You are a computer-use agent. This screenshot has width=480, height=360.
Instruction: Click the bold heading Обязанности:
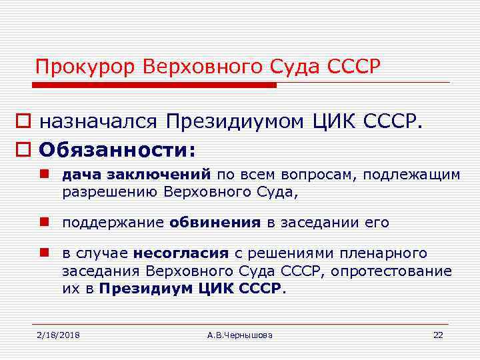[x=117, y=150]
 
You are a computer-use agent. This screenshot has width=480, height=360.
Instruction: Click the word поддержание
[x=113, y=223]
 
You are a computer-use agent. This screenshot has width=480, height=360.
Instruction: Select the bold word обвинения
[x=215, y=223]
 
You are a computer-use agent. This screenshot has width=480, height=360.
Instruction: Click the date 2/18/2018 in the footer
[x=58, y=335]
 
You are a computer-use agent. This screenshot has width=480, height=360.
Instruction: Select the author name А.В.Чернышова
[x=240, y=335]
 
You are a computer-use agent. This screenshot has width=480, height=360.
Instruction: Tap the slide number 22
[x=438, y=335]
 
